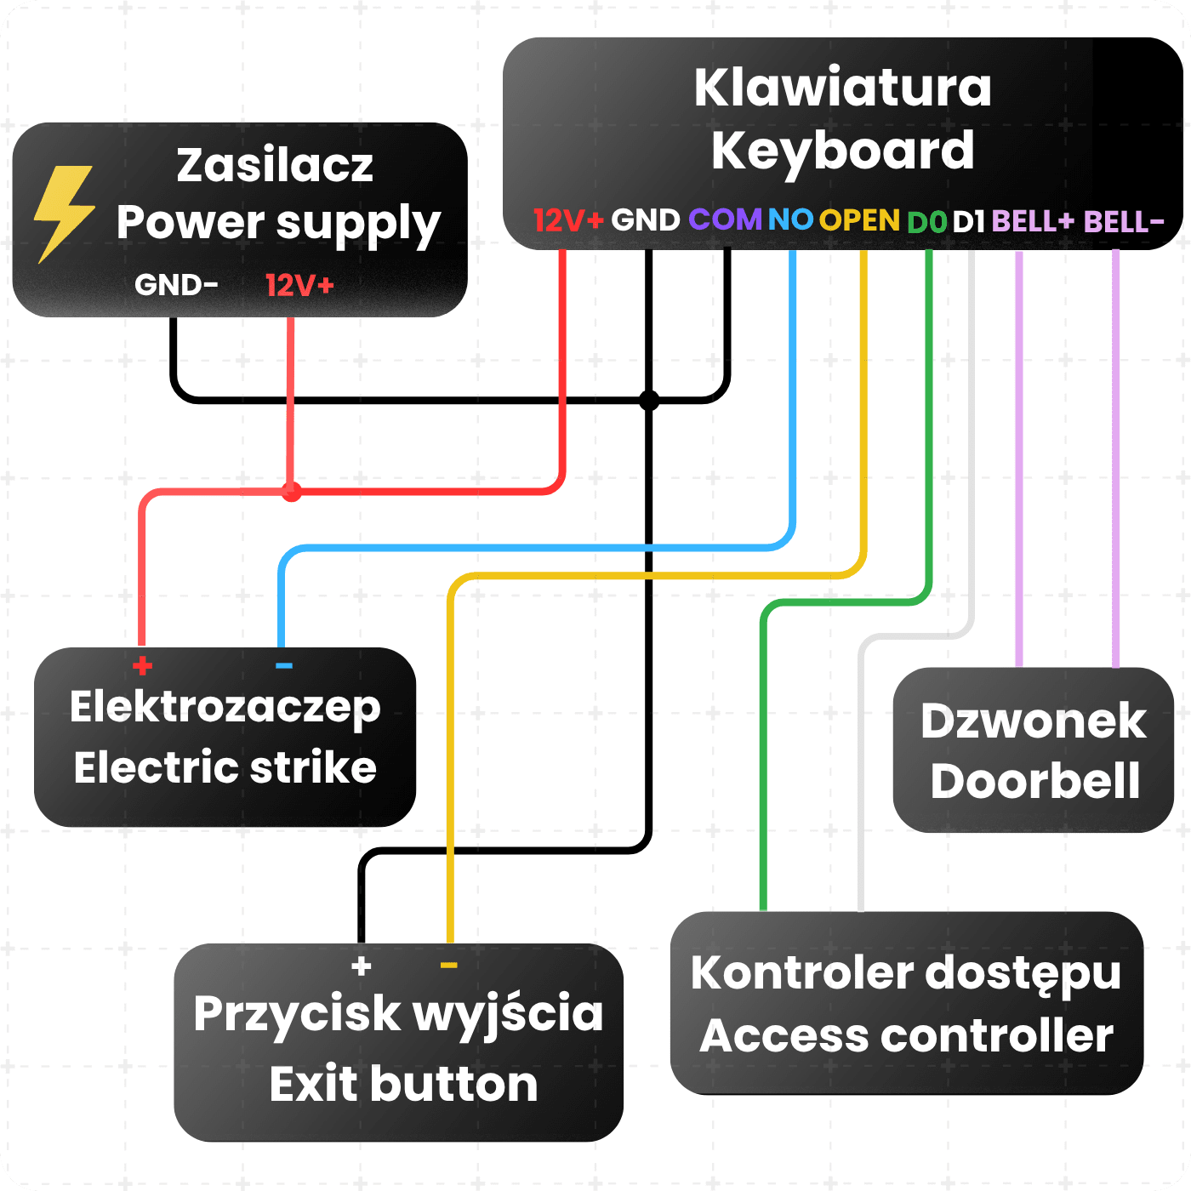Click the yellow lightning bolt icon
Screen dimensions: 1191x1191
tap(64, 214)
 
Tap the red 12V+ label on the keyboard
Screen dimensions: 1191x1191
tap(568, 220)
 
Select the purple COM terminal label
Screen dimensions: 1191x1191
tap(725, 219)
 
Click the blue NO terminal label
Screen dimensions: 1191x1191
tap(789, 219)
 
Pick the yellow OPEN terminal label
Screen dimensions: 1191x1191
tap(859, 220)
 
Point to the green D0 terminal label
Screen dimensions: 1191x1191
tap(926, 222)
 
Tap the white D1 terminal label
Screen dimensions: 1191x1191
tap(968, 222)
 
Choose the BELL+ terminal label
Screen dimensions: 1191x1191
tap(1033, 221)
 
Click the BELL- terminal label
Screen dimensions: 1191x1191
tap(1123, 221)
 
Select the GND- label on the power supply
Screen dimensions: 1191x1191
tap(176, 285)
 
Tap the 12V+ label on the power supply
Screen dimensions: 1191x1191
tap(299, 285)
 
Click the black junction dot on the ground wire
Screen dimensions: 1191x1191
tap(649, 401)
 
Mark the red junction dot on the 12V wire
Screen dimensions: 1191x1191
tap(292, 492)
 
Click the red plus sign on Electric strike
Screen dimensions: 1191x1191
tap(143, 665)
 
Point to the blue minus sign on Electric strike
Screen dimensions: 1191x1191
tap(283, 665)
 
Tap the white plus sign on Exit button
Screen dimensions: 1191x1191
tap(362, 966)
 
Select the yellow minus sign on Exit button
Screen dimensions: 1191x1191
tap(448, 966)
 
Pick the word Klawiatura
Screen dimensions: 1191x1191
tap(843, 87)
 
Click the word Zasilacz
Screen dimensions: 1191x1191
tap(275, 165)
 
